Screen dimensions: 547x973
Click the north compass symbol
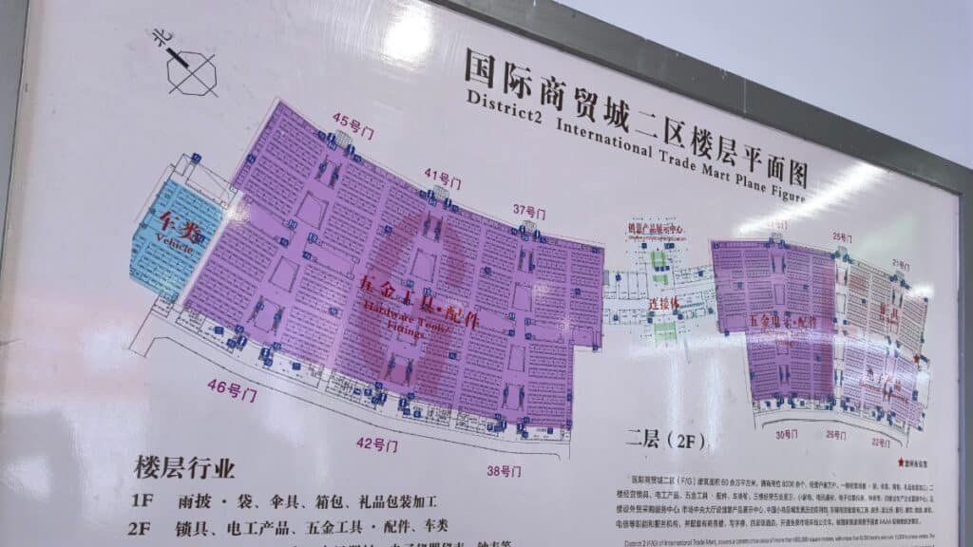[187, 66]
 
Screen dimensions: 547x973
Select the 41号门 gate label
[442, 177]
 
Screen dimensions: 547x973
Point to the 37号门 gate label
[532, 211]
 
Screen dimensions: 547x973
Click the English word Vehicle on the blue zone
[175, 245]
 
